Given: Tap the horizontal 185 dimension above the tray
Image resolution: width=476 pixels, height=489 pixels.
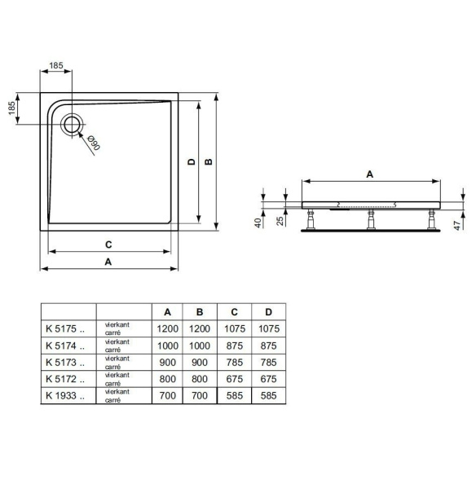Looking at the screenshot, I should (56, 64).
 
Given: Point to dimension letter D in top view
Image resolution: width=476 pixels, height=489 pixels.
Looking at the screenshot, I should (191, 162).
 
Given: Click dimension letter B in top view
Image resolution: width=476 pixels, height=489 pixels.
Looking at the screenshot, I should (209, 162).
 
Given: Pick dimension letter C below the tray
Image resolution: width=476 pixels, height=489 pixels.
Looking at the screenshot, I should (108, 244).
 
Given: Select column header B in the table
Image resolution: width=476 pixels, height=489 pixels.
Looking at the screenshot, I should (200, 312).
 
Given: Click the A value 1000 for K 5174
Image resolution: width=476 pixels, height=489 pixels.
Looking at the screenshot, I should (168, 346).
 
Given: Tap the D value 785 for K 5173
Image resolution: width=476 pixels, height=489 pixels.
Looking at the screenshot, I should (264, 363).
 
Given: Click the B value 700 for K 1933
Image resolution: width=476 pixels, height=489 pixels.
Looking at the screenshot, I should (200, 395).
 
